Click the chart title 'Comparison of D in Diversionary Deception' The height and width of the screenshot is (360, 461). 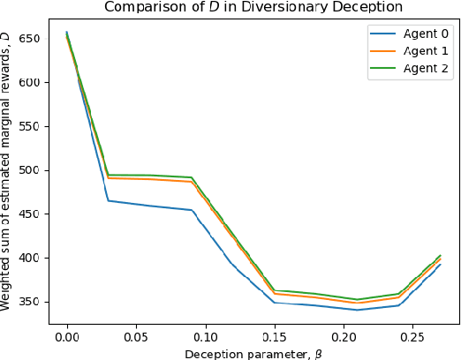[x=252, y=8]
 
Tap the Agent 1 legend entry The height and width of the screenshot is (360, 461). [x=411, y=53]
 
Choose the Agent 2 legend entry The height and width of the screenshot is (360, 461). [x=411, y=71]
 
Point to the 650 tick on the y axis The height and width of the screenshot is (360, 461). [x=31, y=39]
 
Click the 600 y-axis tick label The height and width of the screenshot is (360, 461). [x=31, y=83]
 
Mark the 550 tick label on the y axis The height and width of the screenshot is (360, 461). [x=31, y=126]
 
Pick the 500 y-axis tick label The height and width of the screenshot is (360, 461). [x=31, y=170]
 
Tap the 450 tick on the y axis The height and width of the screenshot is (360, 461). [x=31, y=214]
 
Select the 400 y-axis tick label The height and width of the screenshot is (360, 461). [x=31, y=258]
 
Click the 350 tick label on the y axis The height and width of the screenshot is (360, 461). [x=31, y=302]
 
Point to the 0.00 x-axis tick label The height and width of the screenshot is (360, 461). [x=67, y=337]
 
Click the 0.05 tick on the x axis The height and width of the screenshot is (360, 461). [x=136, y=337]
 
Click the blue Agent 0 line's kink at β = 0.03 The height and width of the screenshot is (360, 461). [x=109, y=200]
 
